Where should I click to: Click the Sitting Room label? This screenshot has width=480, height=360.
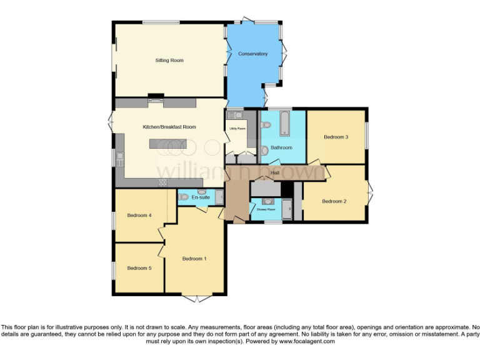coord(169,61)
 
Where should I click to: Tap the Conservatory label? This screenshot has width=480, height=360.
coord(252,54)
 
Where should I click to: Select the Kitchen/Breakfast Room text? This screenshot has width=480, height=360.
coord(169,127)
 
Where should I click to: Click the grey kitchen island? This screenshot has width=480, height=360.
coord(167,144)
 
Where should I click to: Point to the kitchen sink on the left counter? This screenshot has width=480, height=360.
coord(119,157)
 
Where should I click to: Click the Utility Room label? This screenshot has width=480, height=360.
coord(237,129)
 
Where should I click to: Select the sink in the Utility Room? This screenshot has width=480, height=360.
coord(238,115)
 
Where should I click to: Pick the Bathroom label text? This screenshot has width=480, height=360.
coord(281,147)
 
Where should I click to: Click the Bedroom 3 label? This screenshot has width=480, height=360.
coord(336,137)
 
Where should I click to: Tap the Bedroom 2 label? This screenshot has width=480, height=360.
coord(334,201)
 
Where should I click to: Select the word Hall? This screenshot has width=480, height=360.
coord(275,172)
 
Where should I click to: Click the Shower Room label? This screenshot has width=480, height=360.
coord(266,209)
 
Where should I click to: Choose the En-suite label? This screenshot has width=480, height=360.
coord(201,197)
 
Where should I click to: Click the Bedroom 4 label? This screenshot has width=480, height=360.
coord(139,216)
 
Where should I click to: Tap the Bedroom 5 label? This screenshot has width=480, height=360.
coord(139,268)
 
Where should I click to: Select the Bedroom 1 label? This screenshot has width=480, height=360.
coord(194,258)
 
